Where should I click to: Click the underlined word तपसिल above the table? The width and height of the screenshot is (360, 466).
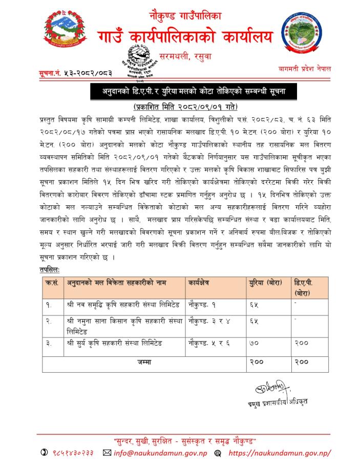50,269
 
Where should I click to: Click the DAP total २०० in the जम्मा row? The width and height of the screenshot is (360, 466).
302,362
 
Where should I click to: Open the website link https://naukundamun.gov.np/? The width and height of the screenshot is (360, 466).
280,453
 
